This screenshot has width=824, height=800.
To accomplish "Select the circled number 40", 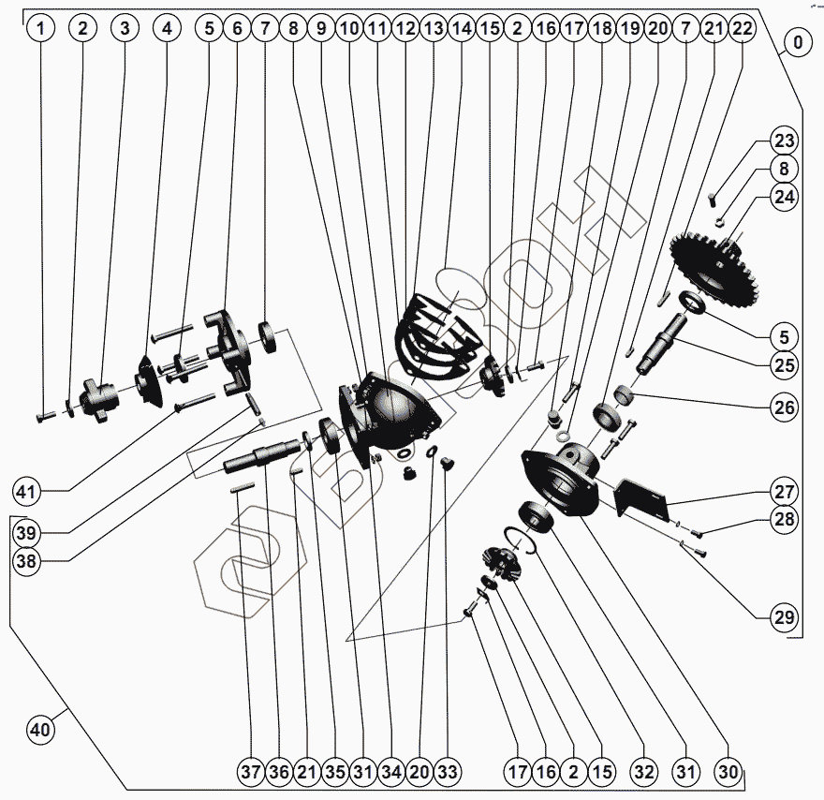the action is [x=39, y=729].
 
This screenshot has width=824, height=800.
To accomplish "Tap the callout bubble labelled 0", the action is [x=798, y=42].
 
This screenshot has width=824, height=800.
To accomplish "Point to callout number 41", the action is [x=28, y=490].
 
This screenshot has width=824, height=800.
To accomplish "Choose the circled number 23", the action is [x=783, y=142].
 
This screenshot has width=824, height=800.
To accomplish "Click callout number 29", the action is [x=783, y=617].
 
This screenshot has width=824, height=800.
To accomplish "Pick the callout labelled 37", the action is [x=249, y=773].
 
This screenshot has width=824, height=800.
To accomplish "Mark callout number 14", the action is [x=461, y=29].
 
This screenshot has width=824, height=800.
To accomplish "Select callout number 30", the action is [x=728, y=773].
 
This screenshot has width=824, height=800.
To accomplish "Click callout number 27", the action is [x=783, y=491].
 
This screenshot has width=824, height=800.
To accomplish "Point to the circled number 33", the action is [x=448, y=773].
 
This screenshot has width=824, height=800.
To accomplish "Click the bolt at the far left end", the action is [x=43, y=416].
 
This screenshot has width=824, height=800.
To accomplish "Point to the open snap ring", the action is [x=520, y=541].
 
